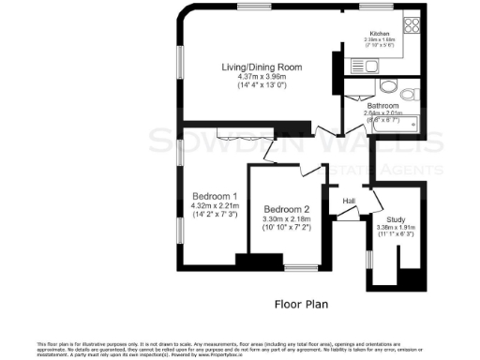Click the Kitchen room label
381,32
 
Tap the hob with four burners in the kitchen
410,26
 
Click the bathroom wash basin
387,87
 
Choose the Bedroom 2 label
286,209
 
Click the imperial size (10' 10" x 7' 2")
286,228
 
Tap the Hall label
348,201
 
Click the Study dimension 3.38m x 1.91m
395,226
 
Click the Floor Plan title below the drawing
300,304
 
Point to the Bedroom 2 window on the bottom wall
300,268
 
